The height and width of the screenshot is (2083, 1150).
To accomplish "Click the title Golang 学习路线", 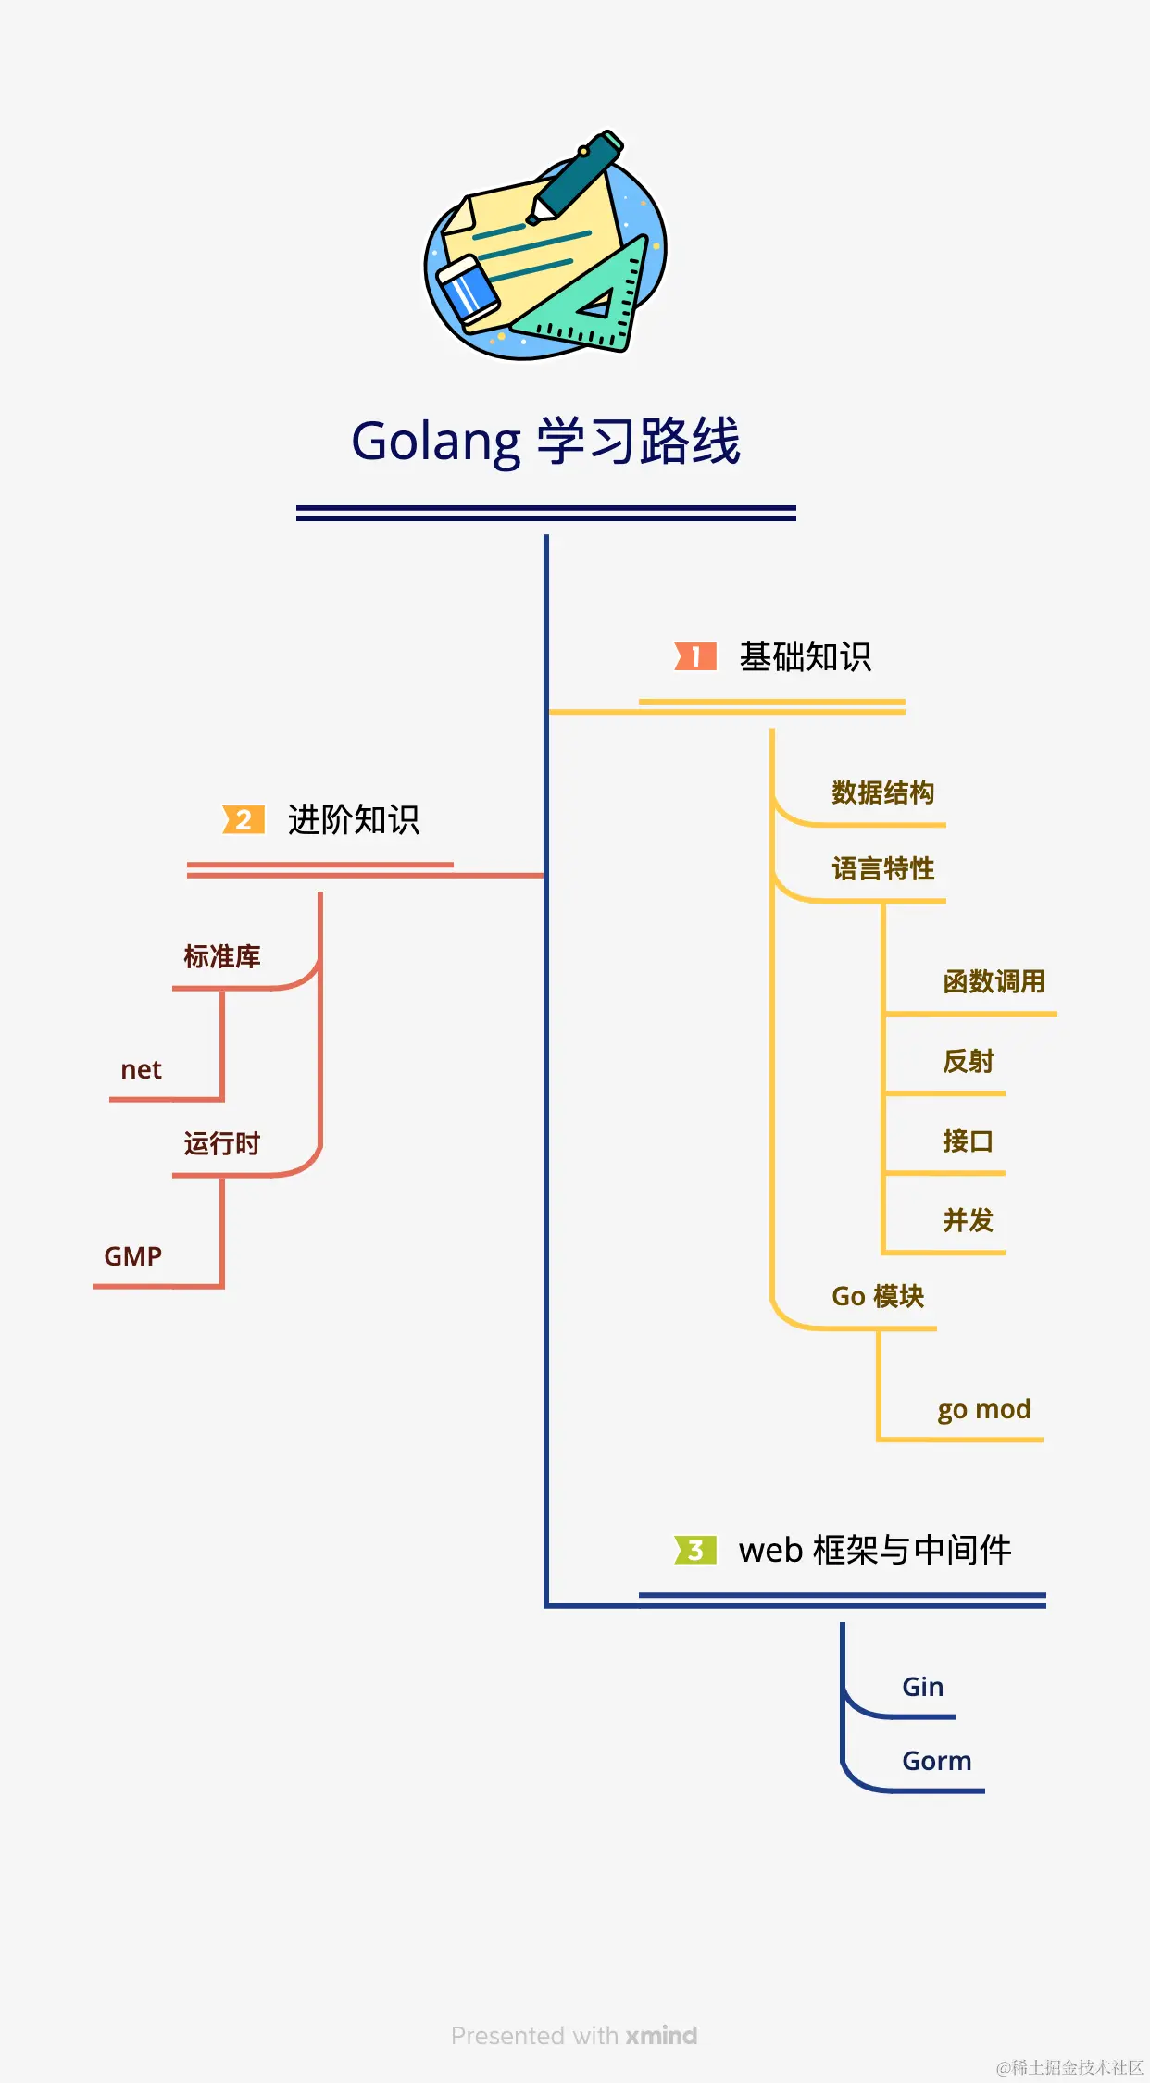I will [x=546, y=441].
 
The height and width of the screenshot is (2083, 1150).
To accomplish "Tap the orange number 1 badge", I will [x=695, y=656].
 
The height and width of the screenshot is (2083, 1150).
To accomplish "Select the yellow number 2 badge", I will [x=244, y=819].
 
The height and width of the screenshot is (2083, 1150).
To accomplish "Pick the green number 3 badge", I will [x=695, y=1550].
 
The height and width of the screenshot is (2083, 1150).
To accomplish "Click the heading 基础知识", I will [x=805, y=656].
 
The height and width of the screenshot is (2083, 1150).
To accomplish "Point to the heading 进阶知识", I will [x=354, y=819].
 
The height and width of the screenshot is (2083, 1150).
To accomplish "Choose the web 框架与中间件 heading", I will [x=874, y=1550].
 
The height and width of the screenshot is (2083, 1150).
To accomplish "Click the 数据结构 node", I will [x=882, y=792].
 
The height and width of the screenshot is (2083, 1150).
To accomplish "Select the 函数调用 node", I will [x=994, y=981].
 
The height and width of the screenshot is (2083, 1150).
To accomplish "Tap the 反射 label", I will [x=968, y=1061].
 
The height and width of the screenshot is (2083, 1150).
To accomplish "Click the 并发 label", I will [x=968, y=1220].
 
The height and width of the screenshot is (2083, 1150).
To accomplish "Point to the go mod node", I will [x=983, y=1409].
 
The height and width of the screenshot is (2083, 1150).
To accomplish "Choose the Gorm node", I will [x=936, y=1761].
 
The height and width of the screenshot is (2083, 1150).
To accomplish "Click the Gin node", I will [x=922, y=1687].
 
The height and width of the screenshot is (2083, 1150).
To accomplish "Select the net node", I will [x=141, y=1070].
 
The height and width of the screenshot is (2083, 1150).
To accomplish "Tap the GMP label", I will [x=132, y=1256].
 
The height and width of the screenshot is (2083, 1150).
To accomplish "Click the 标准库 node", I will [x=222, y=956].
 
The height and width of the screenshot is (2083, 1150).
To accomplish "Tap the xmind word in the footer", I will [x=661, y=2036].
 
